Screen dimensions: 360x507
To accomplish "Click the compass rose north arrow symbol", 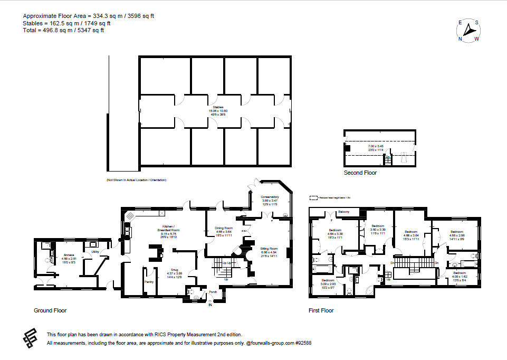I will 468,31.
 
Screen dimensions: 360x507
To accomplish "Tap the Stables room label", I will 215,107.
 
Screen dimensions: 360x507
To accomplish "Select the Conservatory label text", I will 270,197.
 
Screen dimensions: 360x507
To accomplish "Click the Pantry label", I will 149,282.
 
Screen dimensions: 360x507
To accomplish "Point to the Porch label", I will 213,292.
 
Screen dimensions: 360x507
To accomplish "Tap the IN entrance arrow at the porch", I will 210,304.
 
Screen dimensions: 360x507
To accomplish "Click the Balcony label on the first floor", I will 344,212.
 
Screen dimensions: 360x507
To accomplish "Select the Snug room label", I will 174,269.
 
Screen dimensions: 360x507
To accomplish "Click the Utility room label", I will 95,252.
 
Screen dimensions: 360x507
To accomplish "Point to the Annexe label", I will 69,255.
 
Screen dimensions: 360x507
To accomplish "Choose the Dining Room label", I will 224,228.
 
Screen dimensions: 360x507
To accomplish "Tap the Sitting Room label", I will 269,248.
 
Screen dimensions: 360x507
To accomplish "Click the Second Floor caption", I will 360,173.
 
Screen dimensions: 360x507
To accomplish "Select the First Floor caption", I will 321,310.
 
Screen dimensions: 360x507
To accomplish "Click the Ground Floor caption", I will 50,310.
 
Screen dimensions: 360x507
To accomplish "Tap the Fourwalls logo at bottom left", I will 32,338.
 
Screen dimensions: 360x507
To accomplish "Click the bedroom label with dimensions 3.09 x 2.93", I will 328,280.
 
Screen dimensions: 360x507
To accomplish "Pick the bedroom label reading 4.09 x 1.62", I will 459,273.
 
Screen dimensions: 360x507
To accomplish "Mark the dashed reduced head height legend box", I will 313,198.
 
